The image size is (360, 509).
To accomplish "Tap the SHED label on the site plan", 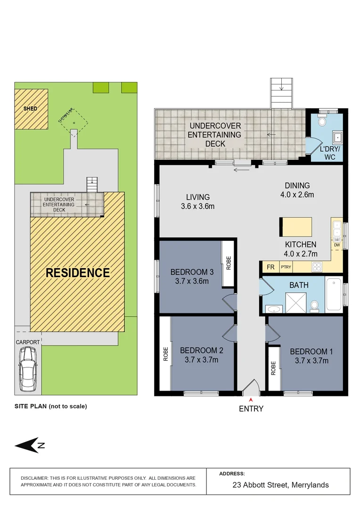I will click(30, 109).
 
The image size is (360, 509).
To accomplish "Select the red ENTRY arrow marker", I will click(251, 400).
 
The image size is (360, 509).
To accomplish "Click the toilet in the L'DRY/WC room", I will click(323, 122).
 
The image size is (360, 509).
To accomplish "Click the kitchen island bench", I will click(296, 227).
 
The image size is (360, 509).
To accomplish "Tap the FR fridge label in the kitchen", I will click(270, 267).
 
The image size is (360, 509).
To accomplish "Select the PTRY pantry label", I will click(286, 267).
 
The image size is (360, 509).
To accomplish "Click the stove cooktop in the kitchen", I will click(317, 267).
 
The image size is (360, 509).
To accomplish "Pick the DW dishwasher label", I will click(336, 245).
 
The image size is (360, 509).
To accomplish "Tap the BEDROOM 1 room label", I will click(311, 352).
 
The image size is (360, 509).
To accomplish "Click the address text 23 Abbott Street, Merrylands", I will click(281, 485).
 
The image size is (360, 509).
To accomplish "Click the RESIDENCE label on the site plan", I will click(77, 272).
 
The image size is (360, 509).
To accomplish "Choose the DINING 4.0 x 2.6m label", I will click(296, 190).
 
